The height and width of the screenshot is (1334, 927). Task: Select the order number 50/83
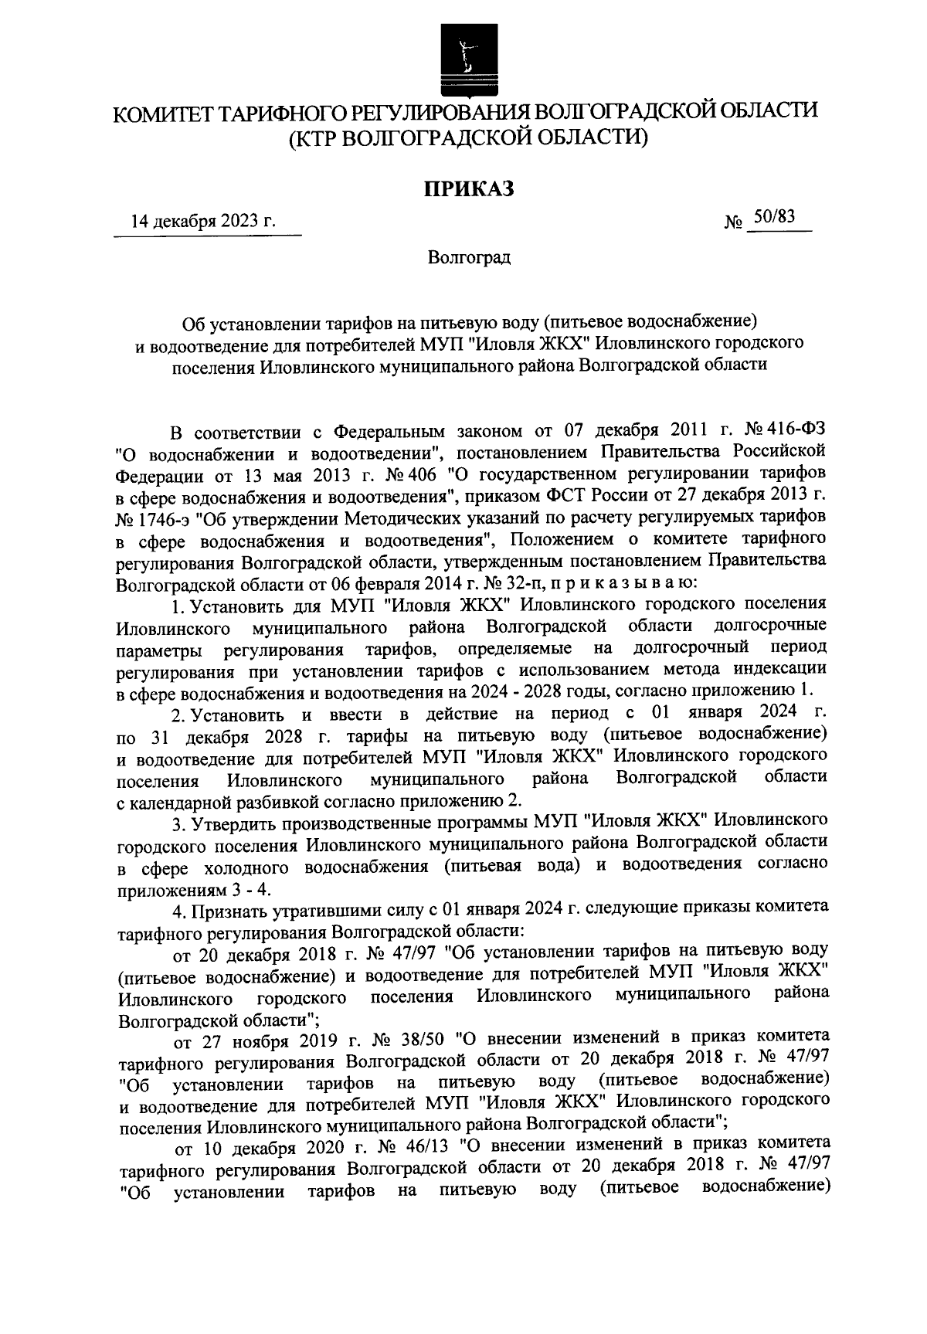click(775, 219)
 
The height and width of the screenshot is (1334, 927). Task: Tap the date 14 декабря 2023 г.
click(202, 222)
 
